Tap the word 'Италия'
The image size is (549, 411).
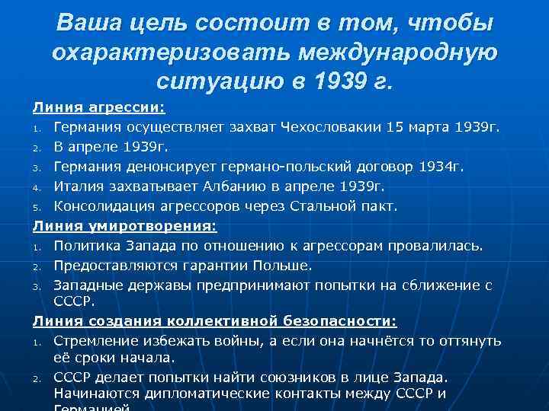pyautogui.click(x=79, y=186)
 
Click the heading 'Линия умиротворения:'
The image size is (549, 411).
pyautogui.click(x=124, y=225)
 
